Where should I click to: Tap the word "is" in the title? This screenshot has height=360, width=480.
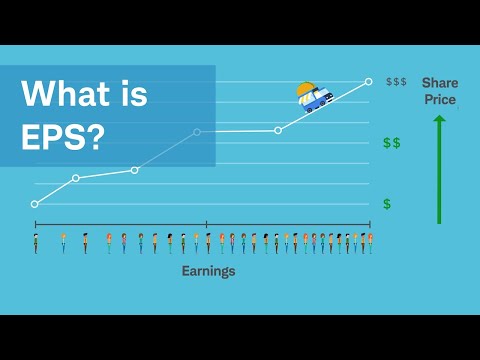pyautogui.click(x=131, y=95)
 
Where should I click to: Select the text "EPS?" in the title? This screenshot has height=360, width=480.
pyautogui.click(x=62, y=137)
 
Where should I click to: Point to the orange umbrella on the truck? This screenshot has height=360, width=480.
pyautogui.click(x=307, y=88)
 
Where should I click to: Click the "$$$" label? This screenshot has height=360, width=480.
pyautogui.click(x=396, y=81)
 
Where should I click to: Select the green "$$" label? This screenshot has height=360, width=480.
pyautogui.click(x=391, y=143)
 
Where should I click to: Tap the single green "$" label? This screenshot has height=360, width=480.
pyautogui.click(x=387, y=204)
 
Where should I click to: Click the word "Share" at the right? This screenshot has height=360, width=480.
pyautogui.click(x=439, y=83)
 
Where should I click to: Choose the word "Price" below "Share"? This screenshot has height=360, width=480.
pyautogui.click(x=439, y=99)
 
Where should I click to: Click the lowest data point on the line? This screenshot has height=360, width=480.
pyautogui.click(x=35, y=204)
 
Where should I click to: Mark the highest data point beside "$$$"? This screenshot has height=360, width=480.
pyautogui.click(x=369, y=81)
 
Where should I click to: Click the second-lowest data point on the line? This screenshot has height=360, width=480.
pyautogui.click(x=76, y=179)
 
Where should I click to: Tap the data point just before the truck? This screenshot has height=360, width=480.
pyautogui.click(x=278, y=130)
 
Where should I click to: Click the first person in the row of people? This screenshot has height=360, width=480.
pyautogui.click(x=35, y=243)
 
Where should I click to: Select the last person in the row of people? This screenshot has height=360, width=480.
pyautogui.click(x=370, y=243)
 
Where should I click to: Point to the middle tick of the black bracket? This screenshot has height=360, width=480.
pyautogui.click(x=207, y=224)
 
